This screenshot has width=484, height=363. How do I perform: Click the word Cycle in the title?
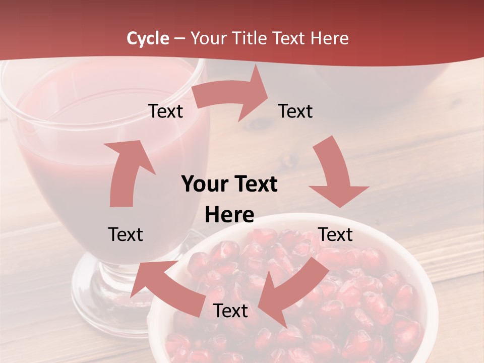(x=148, y=38)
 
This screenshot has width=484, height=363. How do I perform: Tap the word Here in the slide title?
(x=328, y=38)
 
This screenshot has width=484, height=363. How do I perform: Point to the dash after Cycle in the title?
(x=179, y=38)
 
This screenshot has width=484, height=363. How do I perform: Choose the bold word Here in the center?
(x=229, y=215)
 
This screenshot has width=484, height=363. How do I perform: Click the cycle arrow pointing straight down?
(x=335, y=174)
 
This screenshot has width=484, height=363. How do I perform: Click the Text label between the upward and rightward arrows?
(x=165, y=111)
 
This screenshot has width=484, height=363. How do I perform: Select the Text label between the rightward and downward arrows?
(x=295, y=111)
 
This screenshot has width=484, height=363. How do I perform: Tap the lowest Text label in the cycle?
(x=230, y=311)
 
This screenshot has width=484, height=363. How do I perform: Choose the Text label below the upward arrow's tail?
(x=126, y=234)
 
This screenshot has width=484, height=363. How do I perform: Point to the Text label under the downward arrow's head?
(x=336, y=234)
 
